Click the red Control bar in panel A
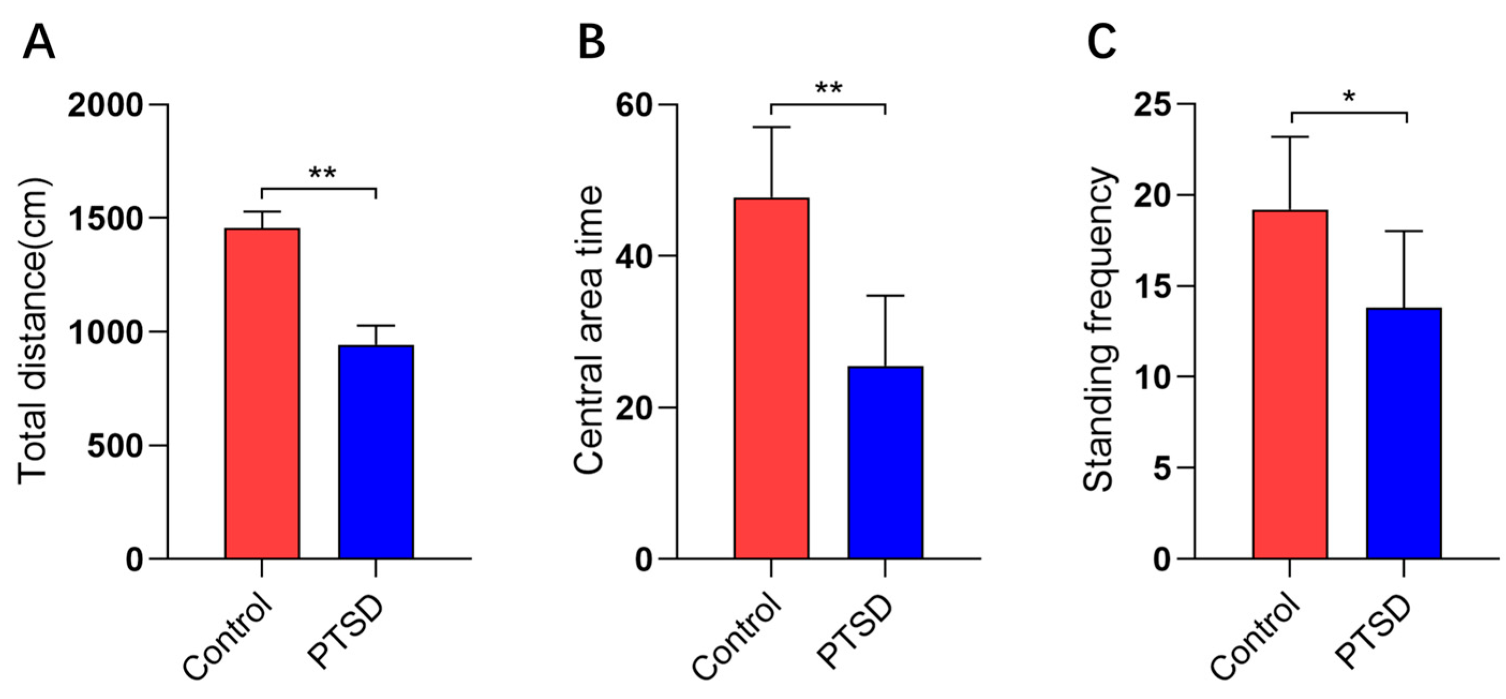click(x=262, y=393)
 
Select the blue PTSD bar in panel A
click(x=376, y=451)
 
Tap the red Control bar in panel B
click(x=771, y=378)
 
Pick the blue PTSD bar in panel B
click(x=885, y=462)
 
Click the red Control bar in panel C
click(x=1290, y=384)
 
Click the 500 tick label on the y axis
click(x=115, y=447)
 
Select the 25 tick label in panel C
click(x=1153, y=105)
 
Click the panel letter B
click(x=591, y=43)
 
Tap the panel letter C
click(x=1102, y=43)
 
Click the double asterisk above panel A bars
click(x=322, y=174)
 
